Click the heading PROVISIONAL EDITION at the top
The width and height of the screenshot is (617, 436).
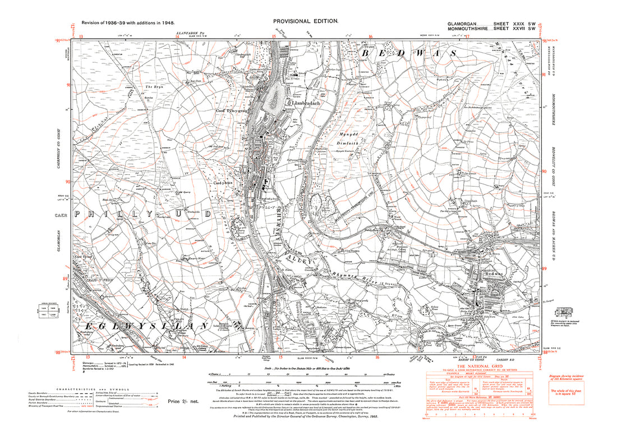click(306, 21)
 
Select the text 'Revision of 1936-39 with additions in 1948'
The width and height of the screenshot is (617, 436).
click(128, 23)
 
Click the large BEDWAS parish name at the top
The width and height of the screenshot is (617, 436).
click(409, 53)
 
